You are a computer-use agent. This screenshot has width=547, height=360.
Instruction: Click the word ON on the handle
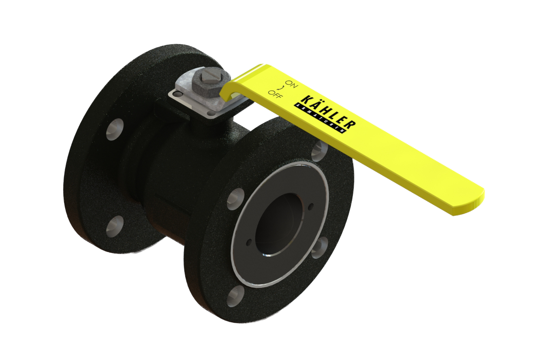point(291,84)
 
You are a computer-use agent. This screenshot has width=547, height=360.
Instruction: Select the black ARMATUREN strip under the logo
point(321,118)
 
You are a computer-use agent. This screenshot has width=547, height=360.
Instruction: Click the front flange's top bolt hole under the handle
point(320,151)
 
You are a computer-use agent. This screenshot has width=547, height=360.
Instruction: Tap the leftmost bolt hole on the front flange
point(235,199)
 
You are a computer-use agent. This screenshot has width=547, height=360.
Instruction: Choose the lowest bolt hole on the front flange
point(235,297)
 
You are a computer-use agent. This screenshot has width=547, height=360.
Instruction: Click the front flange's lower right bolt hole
point(320,247)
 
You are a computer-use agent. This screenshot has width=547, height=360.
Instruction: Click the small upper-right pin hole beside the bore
point(311,207)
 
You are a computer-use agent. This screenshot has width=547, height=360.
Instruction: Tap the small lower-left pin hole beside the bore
point(249,243)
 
